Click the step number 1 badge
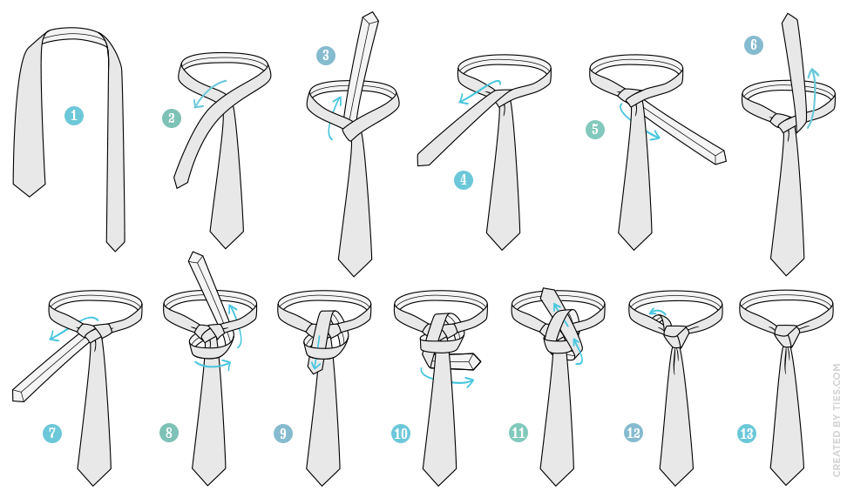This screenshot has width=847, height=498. pyautogui.click(x=74, y=116)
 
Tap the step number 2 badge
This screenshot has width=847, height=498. pyautogui.click(x=172, y=118)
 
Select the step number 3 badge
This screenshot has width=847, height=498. pyautogui.click(x=326, y=55)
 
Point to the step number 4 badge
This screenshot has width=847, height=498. pyautogui.click(x=464, y=179)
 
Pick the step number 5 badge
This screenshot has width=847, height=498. pyautogui.click(x=595, y=130)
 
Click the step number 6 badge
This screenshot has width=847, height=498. pyautogui.click(x=754, y=44)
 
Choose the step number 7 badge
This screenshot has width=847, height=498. pyautogui.click(x=52, y=433)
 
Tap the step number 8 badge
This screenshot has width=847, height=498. pyautogui.click(x=169, y=432)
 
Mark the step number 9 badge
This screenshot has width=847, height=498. pyautogui.click(x=283, y=434)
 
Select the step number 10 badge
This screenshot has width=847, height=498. pyautogui.click(x=401, y=434)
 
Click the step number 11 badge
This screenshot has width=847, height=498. pyautogui.click(x=518, y=432)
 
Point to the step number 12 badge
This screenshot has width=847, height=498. pyautogui.click(x=634, y=432)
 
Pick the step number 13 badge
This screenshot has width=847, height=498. pyautogui.click(x=747, y=434)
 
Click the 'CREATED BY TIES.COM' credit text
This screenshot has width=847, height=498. pyautogui.click(x=837, y=420)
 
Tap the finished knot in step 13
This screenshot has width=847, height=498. pyautogui.click(x=786, y=335)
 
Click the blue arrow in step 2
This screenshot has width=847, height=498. pyautogui.click(x=210, y=93)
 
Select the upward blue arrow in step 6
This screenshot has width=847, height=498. pyautogui.click(x=813, y=98)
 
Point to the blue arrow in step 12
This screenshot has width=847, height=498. pyautogui.click(x=656, y=312)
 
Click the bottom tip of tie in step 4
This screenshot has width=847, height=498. pyautogui.click(x=503, y=249)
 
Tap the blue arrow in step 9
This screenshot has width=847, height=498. pyautogui.click(x=317, y=353)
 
